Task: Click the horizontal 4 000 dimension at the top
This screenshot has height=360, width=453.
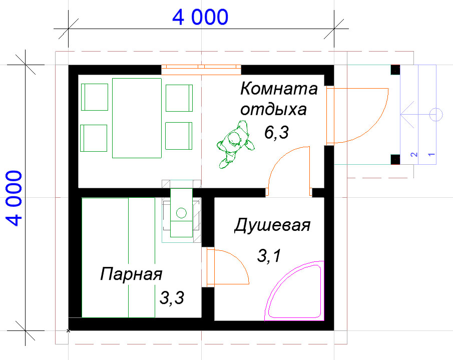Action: click(200, 17)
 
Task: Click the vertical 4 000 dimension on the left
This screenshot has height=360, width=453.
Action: click(14, 198)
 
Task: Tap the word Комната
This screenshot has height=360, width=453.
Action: click(279, 89)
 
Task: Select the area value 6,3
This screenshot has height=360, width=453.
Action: click(276, 133)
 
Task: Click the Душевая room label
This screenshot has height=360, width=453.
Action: click(272, 225)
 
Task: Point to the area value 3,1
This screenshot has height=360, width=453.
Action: click(269, 256)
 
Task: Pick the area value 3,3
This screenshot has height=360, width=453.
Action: click(172, 298)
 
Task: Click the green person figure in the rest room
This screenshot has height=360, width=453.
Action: click(235, 144)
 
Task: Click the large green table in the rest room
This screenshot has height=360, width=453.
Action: click(137, 118)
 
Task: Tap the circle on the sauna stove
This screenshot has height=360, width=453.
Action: click(181, 213)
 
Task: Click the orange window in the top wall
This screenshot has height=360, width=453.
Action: click(201, 70)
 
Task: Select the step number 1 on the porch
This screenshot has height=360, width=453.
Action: click(431, 155)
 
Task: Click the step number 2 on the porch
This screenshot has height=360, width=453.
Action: click(414, 155)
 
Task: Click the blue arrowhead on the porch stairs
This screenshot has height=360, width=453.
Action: click(407, 115)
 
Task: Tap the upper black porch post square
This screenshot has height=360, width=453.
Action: click(395, 70)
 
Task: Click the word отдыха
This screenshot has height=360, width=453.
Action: click(273, 110)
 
